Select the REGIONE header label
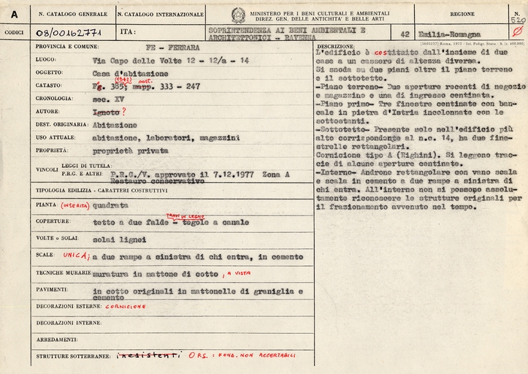click(x=462, y=13)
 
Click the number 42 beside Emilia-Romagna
click(x=405, y=34)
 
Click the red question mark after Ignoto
click(x=123, y=111)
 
